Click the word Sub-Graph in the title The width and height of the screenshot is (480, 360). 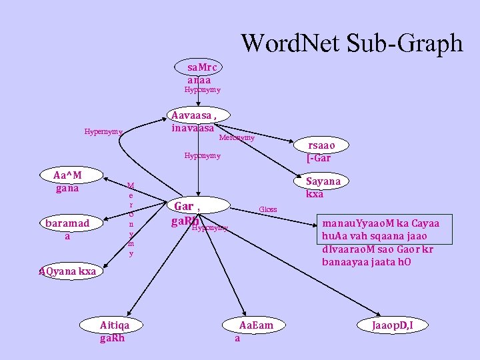pos(405,43)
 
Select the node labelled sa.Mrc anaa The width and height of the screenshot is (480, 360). pos(201,73)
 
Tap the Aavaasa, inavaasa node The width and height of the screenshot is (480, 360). pos(193,121)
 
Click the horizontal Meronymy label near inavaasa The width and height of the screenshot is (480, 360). pos(237,138)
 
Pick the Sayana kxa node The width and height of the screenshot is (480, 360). pos(323,187)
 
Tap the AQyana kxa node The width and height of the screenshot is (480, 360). pos(66,271)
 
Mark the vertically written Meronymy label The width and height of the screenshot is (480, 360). pos(131,219)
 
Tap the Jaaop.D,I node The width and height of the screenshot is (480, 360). pos(393,325)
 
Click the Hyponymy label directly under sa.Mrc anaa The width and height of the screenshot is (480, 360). pos(202,89)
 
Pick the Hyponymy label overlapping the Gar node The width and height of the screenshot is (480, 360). pos(210,228)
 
